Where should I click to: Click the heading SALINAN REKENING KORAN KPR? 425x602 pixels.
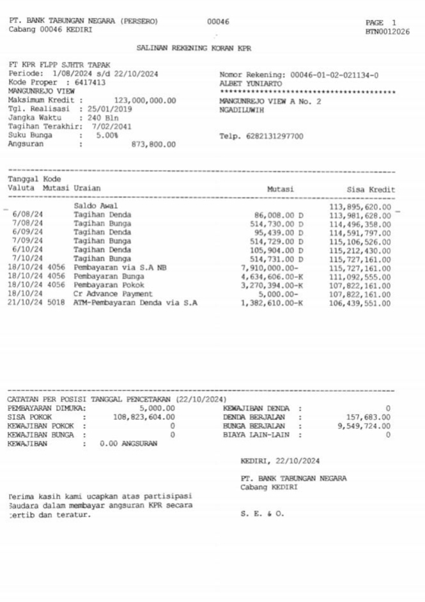(194, 48)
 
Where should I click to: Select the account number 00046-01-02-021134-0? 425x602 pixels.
(334, 75)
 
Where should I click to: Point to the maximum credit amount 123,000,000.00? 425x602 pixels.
(144, 101)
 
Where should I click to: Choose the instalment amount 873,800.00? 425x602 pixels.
(153, 144)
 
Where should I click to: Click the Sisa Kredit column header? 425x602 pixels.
(371, 190)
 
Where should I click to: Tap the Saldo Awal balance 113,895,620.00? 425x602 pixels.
(360, 206)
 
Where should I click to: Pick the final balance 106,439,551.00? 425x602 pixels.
(360, 304)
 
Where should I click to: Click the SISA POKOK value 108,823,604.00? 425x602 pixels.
(144, 417)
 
